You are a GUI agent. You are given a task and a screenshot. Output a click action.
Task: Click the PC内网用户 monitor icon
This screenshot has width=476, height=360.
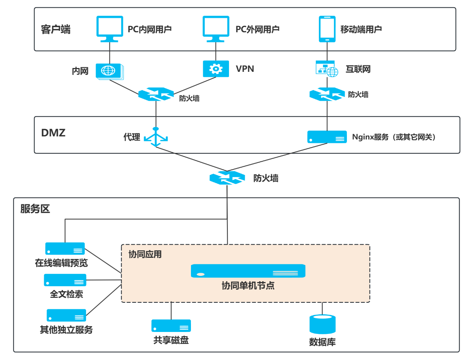coord(110,28)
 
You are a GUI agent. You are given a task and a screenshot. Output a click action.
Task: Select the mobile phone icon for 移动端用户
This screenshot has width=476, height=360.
coord(327,29)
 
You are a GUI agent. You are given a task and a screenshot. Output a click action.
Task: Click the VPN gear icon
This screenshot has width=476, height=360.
coord(216,69)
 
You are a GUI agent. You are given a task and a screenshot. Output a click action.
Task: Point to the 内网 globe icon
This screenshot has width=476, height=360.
coord(109,71)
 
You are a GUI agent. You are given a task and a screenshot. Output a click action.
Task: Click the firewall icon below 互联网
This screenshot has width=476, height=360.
coord(327,94)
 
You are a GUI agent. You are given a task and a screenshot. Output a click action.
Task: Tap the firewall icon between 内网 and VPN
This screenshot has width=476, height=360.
coord(156,94)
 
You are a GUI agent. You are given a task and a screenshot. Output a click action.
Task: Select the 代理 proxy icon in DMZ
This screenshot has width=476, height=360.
coord(156,137)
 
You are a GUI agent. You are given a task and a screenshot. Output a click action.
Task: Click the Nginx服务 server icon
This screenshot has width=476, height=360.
coord(327,137)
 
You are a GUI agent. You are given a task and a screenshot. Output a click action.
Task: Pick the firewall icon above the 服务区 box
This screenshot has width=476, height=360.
coord(227,178)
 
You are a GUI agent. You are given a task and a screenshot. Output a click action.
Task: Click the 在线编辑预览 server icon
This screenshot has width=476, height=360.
coord(65,249)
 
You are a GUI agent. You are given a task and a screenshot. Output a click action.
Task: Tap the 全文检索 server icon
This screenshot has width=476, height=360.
coord(65,280)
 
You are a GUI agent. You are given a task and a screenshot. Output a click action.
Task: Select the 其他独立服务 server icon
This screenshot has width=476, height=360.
coord(66,315)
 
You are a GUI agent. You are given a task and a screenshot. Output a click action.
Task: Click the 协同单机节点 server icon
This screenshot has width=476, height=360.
coord(248,271)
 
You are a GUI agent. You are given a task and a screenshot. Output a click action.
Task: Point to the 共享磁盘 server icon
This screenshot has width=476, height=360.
coord(171,326)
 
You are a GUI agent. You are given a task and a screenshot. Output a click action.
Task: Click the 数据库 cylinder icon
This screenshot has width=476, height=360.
coord(322,324)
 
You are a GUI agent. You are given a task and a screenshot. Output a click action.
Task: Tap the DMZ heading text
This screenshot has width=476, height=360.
coord(53,133)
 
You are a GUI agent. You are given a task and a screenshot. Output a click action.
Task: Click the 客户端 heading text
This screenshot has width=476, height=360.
coord(56,30)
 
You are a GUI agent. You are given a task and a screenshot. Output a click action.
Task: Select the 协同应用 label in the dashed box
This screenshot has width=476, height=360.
coord(145,254)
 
